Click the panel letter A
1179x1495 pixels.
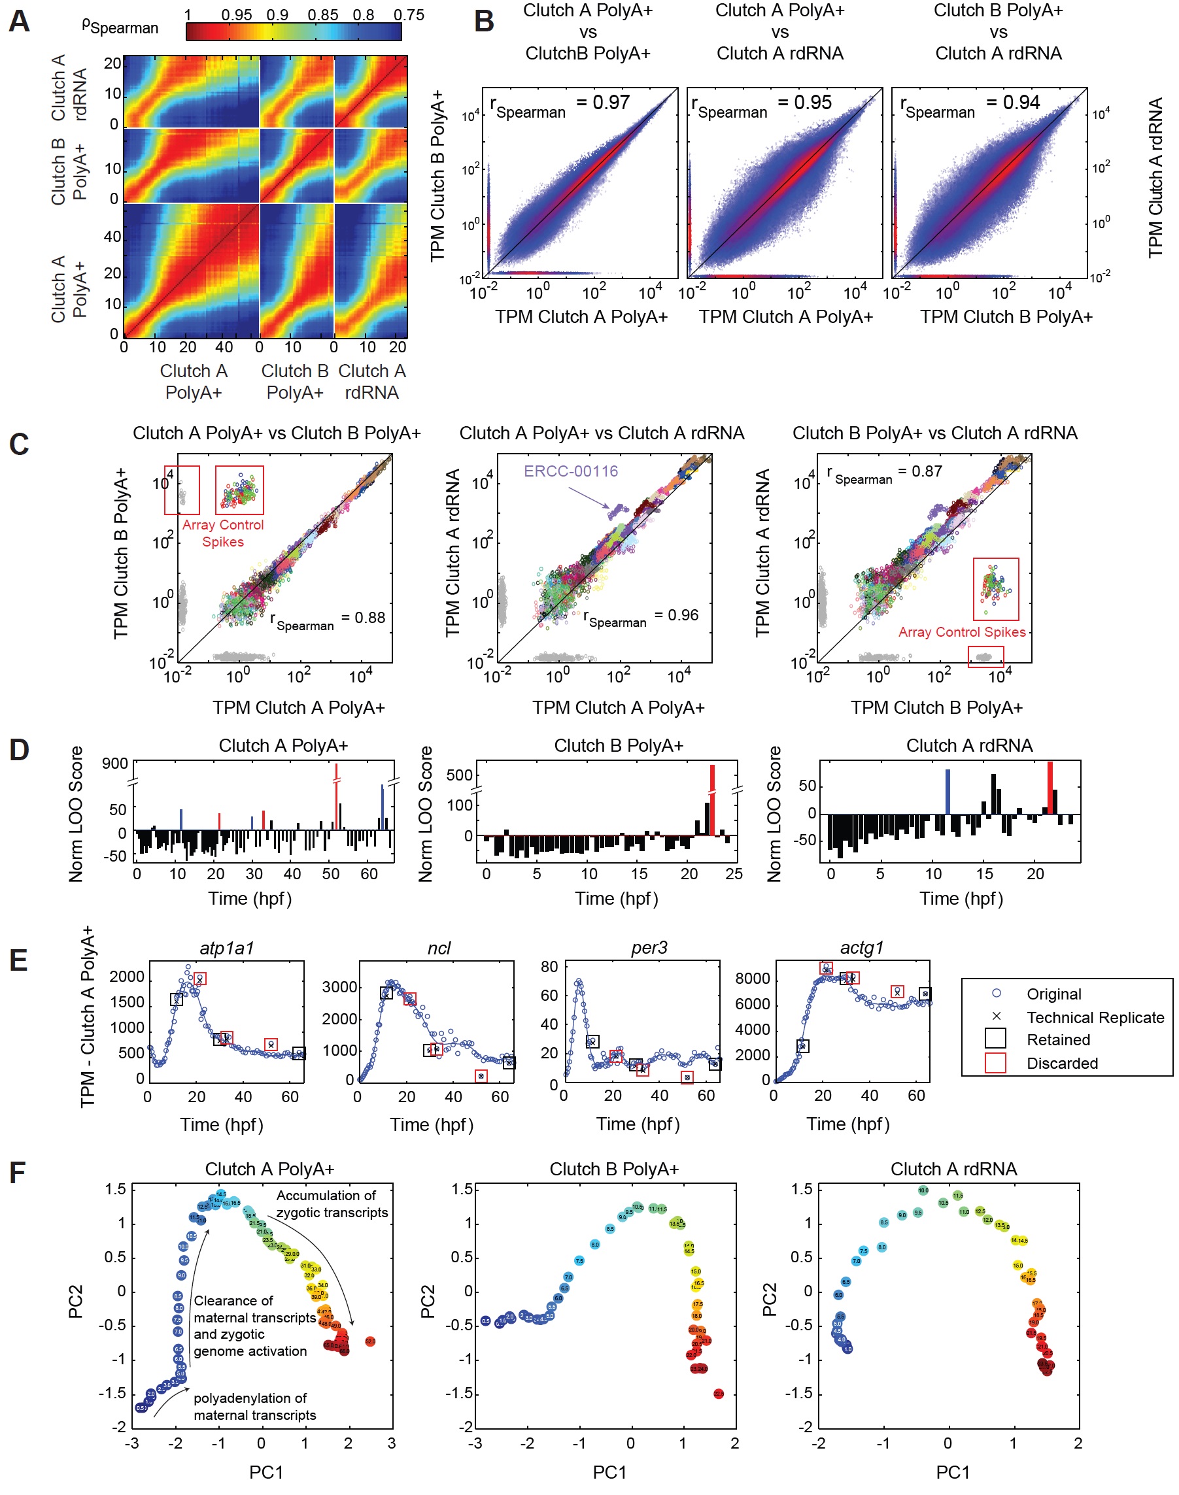click(x=20, y=21)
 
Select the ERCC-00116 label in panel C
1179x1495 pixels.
click(x=571, y=471)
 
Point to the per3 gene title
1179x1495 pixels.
click(x=649, y=948)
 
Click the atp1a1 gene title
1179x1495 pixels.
click(x=227, y=948)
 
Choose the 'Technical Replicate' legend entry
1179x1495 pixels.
click(x=1094, y=1017)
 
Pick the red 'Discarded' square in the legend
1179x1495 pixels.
click(x=995, y=1062)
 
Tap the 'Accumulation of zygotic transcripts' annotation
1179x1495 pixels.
click(x=332, y=1204)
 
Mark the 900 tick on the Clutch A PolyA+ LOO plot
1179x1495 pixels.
click(x=114, y=764)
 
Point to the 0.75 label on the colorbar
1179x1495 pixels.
click(x=409, y=14)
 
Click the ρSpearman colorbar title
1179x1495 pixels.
click(x=120, y=26)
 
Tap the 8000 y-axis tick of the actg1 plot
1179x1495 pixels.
click(x=753, y=979)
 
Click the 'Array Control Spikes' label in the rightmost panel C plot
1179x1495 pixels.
click(x=961, y=632)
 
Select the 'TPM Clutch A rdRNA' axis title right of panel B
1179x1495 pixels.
click(x=1155, y=178)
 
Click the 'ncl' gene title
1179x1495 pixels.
click(x=439, y=948)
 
